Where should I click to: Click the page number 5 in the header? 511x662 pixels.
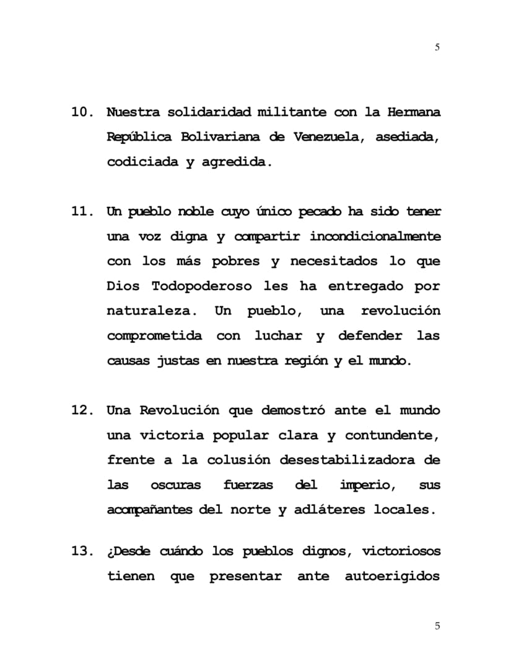[x=437, y=47]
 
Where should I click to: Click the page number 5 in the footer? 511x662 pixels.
[x=437, y=626]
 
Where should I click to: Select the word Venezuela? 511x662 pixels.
[x=326, y=138]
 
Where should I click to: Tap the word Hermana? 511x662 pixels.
[x=414, y=113]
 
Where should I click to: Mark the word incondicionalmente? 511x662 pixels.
[x=375, y=237]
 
